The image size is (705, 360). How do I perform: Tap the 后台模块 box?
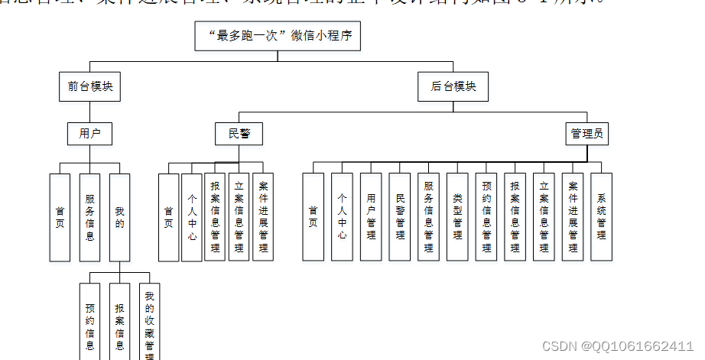point(453,86)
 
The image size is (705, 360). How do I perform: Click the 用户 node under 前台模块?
point(90,134)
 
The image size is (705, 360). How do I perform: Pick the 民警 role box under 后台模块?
point(239,134)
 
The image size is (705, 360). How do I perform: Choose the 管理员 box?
point(587,134)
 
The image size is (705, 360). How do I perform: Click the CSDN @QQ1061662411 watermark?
point(618,346)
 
